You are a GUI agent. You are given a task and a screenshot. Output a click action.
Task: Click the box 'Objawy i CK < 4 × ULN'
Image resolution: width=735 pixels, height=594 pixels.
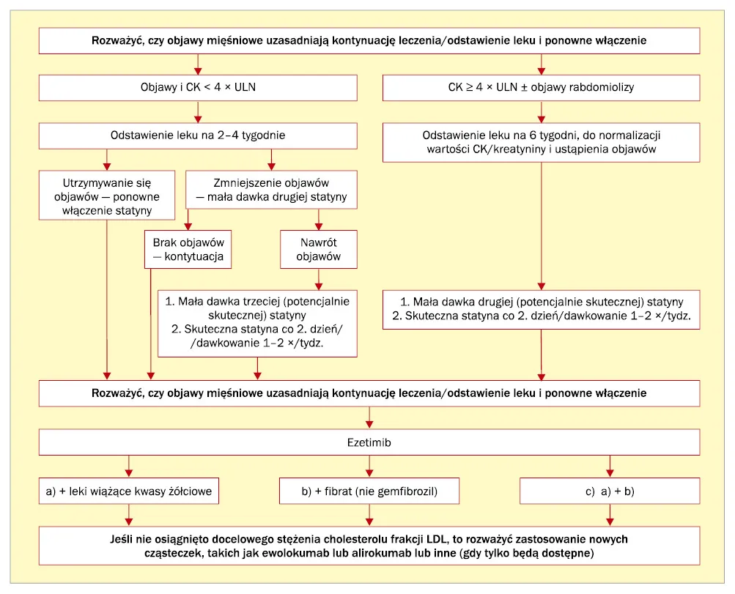tap(198, 87)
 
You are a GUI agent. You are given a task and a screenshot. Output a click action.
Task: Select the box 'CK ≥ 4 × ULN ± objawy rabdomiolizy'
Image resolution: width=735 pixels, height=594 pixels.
tap(541, 87)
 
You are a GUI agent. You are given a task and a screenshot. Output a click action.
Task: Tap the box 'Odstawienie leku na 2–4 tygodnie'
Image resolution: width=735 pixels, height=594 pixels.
tap(198, 135)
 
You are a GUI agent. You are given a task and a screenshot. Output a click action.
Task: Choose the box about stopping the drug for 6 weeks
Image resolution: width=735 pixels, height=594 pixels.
tap(541, 142)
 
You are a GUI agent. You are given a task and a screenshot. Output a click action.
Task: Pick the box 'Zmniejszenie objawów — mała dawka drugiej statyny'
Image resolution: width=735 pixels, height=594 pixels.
tap(271, 190)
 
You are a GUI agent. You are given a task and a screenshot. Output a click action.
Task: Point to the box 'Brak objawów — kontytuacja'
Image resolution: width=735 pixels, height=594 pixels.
tap(188, 250)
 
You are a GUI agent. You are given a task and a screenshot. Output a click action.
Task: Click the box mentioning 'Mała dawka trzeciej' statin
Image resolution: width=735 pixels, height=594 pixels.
tap(257, 322)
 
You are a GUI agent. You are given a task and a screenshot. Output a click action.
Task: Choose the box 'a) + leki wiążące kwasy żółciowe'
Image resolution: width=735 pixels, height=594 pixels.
tap(129, 491)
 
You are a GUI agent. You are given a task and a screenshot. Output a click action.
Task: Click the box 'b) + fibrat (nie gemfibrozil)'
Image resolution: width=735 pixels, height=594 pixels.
tap(369, 491)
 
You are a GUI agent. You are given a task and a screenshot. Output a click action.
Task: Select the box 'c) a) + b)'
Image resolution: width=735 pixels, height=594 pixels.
tap(609, 491)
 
